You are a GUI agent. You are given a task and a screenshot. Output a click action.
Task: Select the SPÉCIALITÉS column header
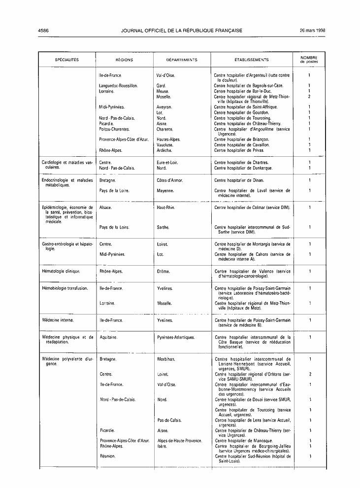click(66, 60)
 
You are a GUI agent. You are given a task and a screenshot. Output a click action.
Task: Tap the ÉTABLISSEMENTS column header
click(252, 60)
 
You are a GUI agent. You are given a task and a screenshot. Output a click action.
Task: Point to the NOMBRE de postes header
click(309, 60)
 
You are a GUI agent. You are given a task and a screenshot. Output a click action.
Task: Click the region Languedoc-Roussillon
click(118, 86)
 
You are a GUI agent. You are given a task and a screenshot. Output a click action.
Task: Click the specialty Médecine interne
click(58, 320)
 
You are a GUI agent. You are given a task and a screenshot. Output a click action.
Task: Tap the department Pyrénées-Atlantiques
click(176, 338)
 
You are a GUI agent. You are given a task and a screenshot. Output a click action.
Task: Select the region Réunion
click(108, 456)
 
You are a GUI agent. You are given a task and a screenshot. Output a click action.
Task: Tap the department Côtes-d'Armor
click(170, 180)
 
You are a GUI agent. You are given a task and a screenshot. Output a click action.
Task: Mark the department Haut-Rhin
click(166, 208)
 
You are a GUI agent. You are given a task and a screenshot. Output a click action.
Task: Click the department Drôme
click(164, 271)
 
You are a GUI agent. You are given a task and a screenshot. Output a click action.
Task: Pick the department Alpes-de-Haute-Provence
click(180, 440)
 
